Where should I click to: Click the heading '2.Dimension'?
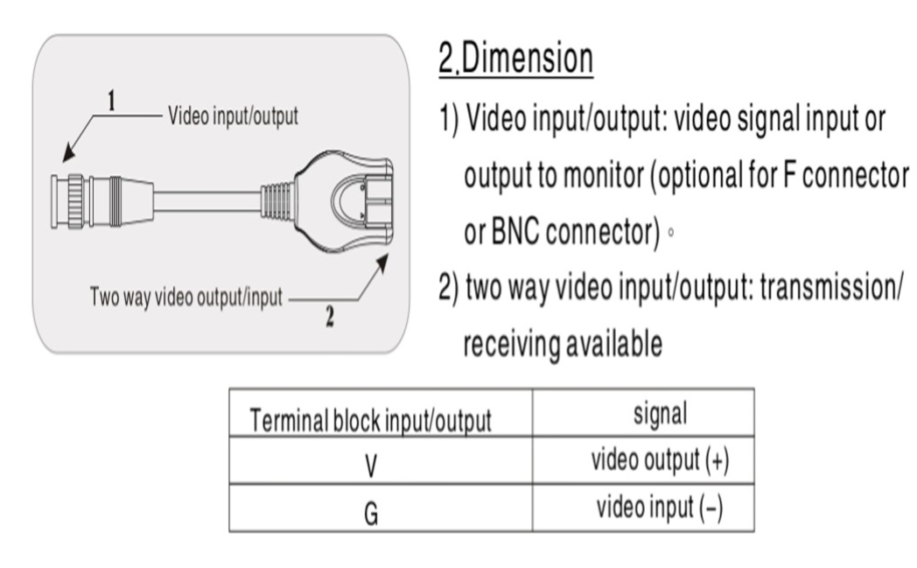pos(514,60)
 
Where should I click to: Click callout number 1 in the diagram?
pos(111,102)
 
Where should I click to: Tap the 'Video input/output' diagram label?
pos(232,118)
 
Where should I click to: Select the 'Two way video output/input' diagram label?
pos(185,298)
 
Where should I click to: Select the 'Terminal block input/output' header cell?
pos(370,421)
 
